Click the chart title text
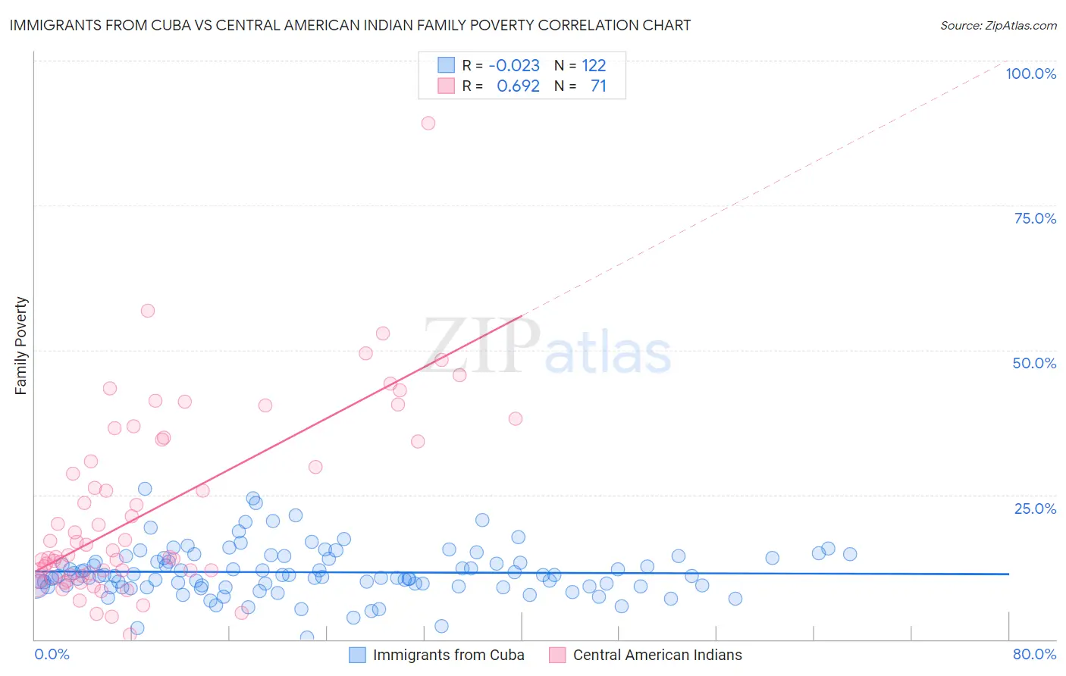[x=350, y=25]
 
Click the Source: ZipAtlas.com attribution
[x=998, y=25]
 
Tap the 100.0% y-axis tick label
[x=1030, y=74]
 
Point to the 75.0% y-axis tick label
[x=1035, y=218]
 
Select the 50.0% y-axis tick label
[x=1034, y=363]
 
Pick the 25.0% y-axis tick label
[x=1035, y=509]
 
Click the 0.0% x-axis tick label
[x=52, y=654]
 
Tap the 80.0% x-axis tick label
[x=1034, y=654]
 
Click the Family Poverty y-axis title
[x=21, y=346]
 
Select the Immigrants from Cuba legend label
[x=448, y=655]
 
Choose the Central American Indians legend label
[x=657, y=655]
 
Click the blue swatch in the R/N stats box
[x=446, y=65]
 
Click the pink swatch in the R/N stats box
[x=446, y=86]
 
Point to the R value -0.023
[x=514, y=65]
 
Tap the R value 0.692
[x=518, y=86]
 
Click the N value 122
[x=594, y=65]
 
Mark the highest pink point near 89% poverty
[x=428, y=123]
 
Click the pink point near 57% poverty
[x=148, y=311]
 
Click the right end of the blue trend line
[x=1008, y=574]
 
